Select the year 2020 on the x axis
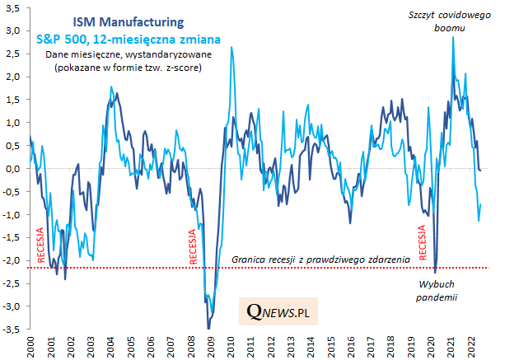(x=430, y=347)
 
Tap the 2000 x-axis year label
(x=30, y=347)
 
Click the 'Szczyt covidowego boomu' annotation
(x=446, y=20)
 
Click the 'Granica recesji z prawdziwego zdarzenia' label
(x=320, y=259)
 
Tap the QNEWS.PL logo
(x=283, y=312)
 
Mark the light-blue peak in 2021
(x=453, y=37)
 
